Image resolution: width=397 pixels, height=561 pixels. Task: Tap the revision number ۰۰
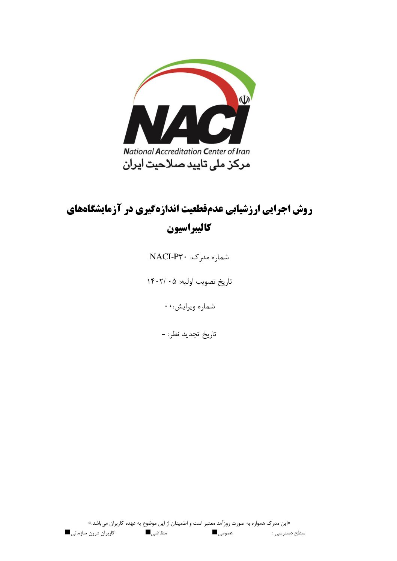coord(168,307)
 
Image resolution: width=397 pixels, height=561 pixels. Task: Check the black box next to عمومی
coord(215,532)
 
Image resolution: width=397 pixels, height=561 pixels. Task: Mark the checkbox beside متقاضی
coord(148,532)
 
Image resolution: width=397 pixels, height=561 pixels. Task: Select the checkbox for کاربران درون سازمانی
coord(68,532)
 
